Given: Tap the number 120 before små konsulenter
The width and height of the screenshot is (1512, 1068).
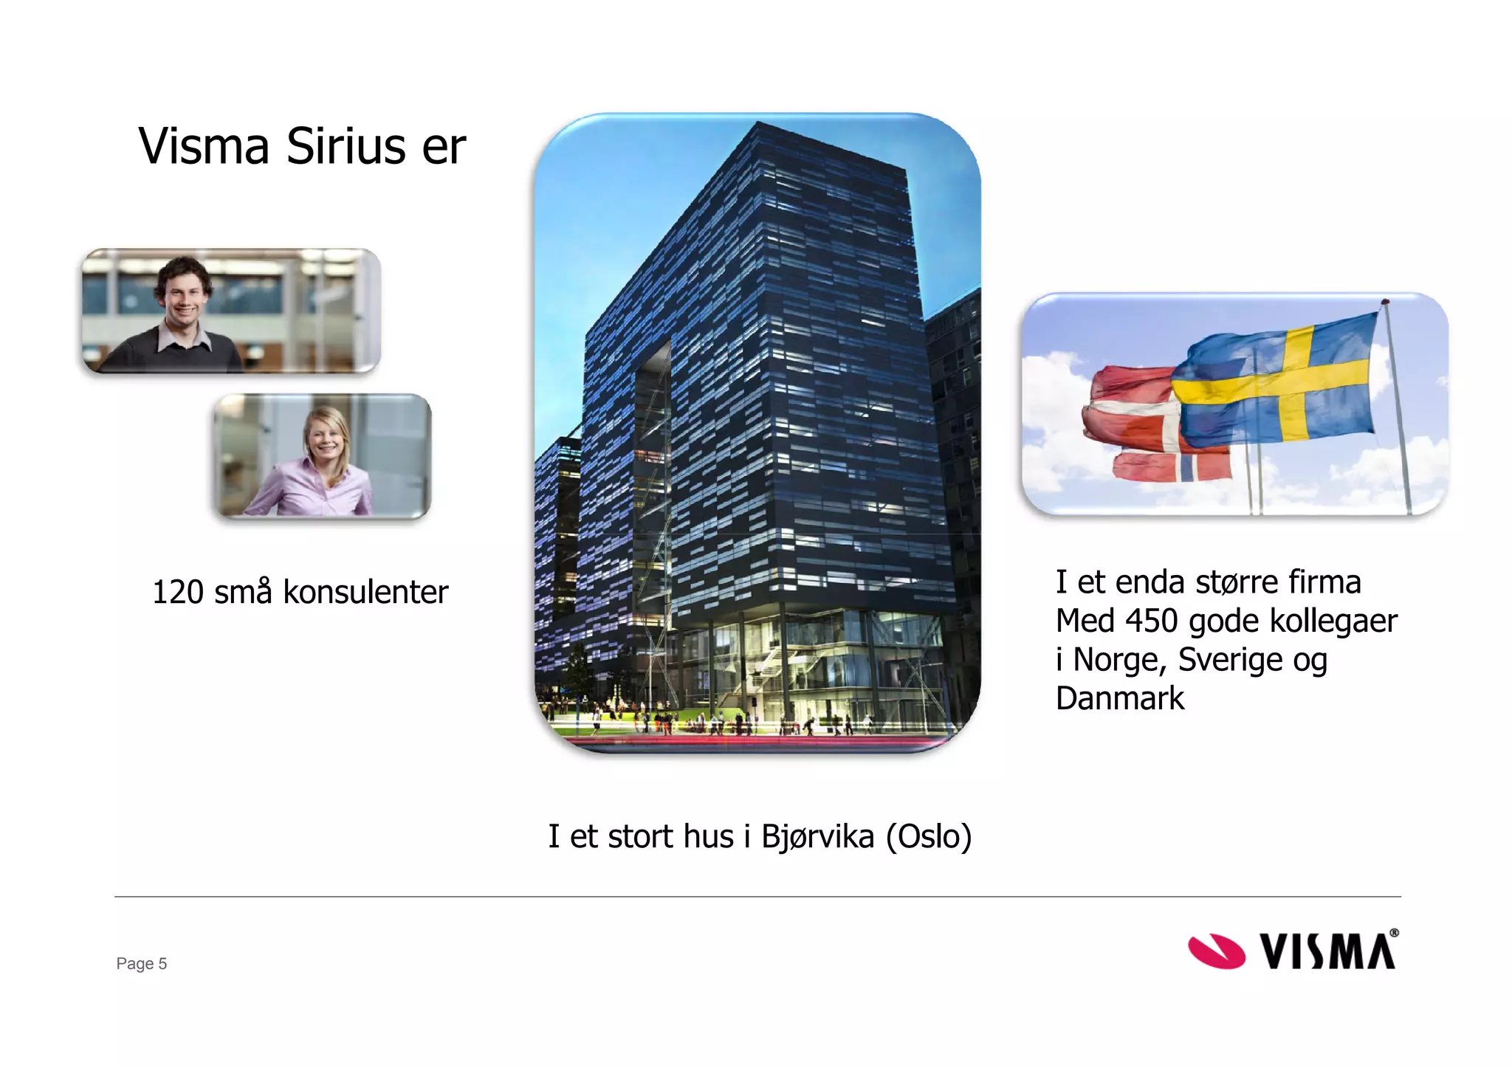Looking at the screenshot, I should coord(177,593).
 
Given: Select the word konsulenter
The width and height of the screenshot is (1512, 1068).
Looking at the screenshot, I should coord(365,593).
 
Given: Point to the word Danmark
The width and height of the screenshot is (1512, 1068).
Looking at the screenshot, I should coord(1119,698).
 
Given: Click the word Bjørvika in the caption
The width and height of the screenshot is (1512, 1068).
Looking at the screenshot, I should coord(817,837).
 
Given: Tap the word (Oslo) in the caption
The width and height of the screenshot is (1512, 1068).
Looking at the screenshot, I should coord(929,837).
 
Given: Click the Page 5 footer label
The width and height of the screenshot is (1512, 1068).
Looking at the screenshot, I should coord(142,963).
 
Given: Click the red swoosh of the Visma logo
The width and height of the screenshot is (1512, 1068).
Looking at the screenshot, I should coord(1216,951).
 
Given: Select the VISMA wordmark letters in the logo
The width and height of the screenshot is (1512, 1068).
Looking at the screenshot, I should coord(1327,951).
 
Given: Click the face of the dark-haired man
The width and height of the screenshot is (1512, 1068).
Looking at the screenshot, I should coord(183,295).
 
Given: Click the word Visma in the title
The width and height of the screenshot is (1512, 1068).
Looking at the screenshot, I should coord(204,146).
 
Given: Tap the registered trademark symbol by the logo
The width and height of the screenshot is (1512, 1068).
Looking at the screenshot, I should coord(1394,933).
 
